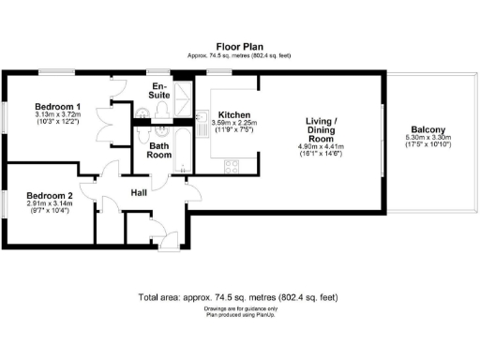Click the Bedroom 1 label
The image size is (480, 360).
(x=57, y=106)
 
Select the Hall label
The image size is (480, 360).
(x=139, y=193)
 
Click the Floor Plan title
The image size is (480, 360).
(x=239, y=45)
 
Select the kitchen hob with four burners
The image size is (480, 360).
(x=231, y=166)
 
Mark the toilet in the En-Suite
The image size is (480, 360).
(x=162, y=112)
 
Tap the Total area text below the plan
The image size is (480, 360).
(x=239, y=297)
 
